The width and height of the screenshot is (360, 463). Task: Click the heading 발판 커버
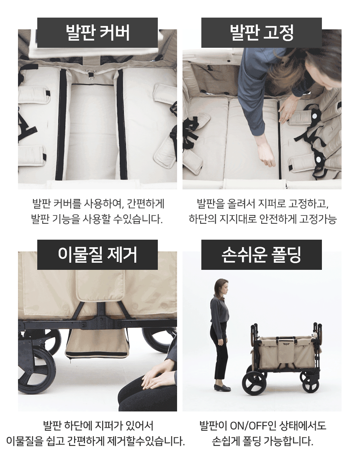(98, 33)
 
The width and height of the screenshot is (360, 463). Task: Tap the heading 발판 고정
(262, 33)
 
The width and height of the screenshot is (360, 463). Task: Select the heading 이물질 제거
(98, 254)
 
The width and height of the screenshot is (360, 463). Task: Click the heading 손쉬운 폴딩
(262, 254)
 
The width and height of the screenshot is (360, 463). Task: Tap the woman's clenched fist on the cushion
(267, 160)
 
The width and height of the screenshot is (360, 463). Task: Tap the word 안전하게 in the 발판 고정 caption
(278, 219)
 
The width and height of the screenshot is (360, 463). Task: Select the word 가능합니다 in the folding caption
(288, 441)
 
